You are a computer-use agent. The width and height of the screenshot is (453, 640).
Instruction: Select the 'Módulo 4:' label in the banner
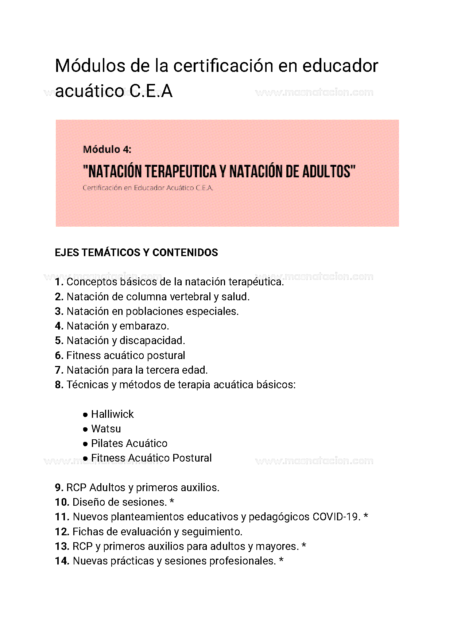click(107, 149)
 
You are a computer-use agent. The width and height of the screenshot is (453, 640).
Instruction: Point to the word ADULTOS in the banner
click(327, 171)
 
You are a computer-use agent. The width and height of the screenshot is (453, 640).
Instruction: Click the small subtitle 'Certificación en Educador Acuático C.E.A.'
click(148, 188)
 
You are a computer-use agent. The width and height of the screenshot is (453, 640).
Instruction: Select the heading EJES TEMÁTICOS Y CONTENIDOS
click(136, 252)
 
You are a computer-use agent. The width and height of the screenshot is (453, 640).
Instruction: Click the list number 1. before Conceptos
click(59, 282)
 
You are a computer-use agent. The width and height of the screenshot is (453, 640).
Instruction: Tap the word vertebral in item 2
click(189, 297)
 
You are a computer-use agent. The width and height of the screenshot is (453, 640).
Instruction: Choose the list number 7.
click(59, 370)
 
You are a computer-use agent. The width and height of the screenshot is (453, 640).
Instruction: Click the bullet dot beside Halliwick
click(85, 415)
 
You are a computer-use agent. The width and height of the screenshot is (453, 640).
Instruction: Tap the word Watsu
click(106, 429)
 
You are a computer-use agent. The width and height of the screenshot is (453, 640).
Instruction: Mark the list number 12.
click(62, 532)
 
